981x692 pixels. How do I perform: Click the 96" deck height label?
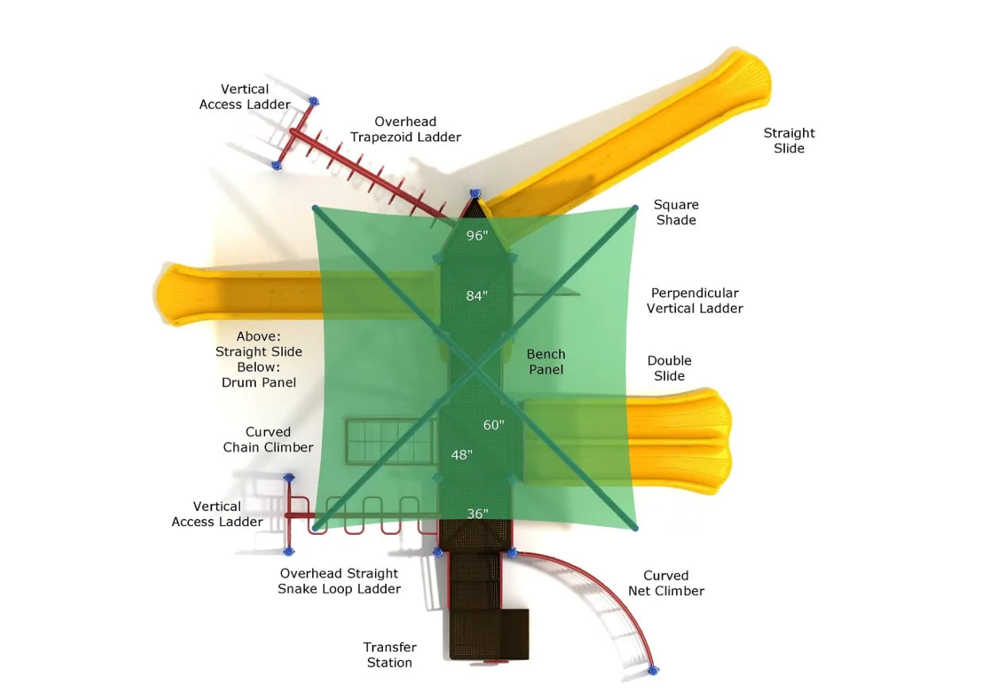[476, 236]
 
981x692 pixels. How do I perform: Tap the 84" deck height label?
[477, 296]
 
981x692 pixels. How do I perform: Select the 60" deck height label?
[493, 425]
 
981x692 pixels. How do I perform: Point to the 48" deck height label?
[462, 455]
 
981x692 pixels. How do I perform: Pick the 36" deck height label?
[477, 513]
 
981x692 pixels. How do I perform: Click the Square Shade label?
[676, 212]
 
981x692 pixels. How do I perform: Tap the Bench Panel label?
[546, 362]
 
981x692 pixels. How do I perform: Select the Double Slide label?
[669, 368]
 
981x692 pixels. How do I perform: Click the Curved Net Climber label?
[666, 583]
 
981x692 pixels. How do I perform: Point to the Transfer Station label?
[389, 655]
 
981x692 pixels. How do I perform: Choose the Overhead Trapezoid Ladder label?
[405, 129]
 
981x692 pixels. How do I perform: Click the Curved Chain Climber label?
[268, 440]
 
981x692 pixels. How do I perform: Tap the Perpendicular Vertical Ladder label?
[694, 301]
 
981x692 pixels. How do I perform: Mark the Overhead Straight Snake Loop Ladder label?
[339, 581]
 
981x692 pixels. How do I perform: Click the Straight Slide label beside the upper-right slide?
[789, 140]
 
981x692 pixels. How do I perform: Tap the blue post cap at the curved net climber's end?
[653, 671]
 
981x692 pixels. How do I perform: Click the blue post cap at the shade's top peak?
[475, 194]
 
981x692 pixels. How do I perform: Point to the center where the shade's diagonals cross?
[476, 368]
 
